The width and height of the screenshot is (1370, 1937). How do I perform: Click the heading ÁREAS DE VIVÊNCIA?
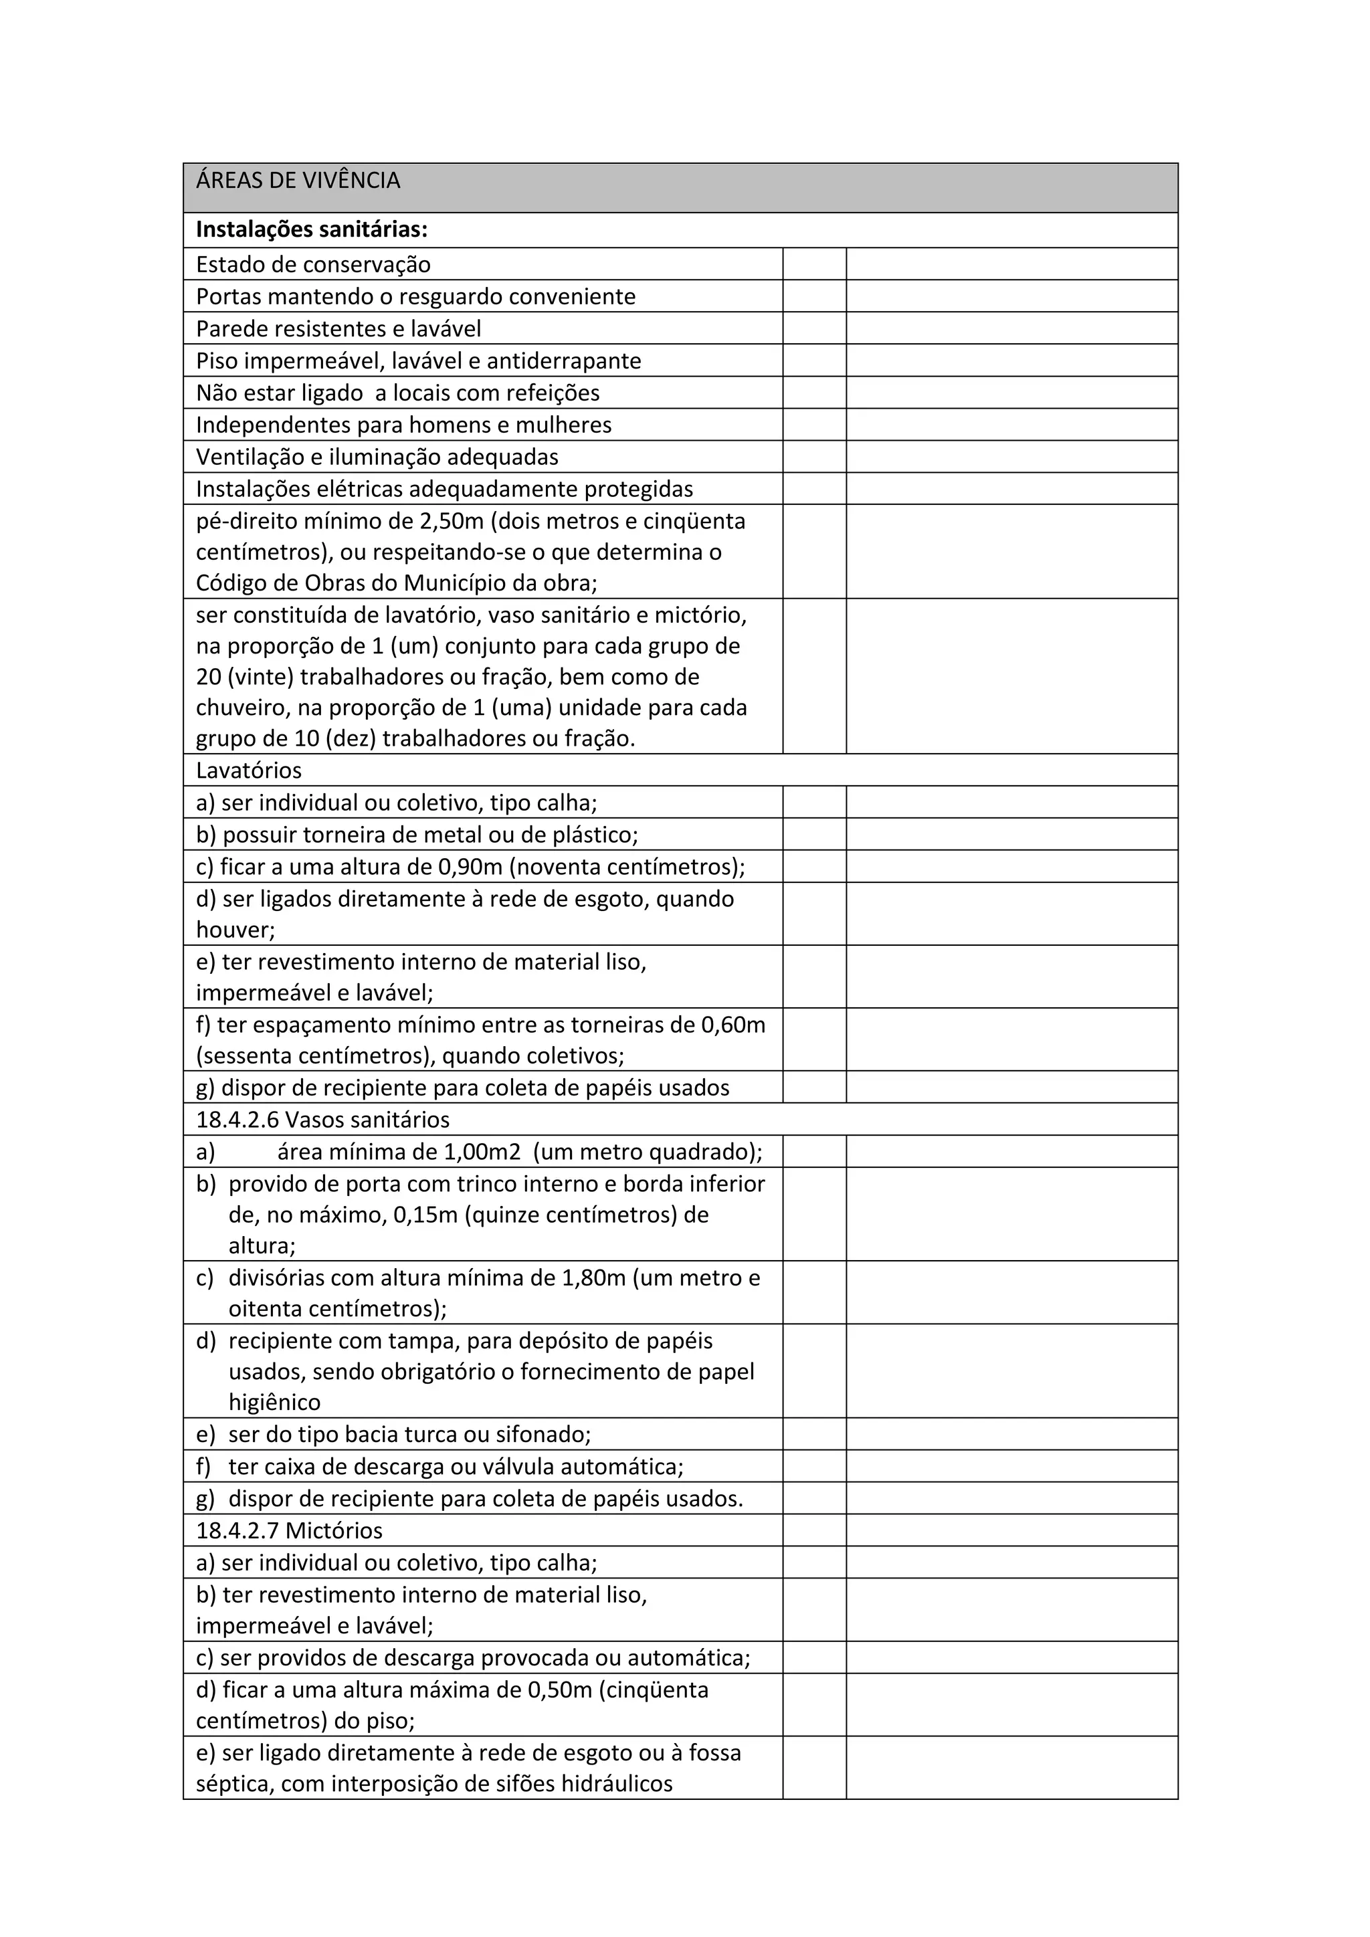pos(298,181)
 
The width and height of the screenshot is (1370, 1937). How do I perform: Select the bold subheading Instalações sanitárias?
pos(311,229)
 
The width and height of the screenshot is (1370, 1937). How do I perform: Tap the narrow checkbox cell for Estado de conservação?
pos(814,264)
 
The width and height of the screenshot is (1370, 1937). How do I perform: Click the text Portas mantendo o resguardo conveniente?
pos(415,297)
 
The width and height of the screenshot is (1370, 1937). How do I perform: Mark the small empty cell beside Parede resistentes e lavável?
pos(814,328)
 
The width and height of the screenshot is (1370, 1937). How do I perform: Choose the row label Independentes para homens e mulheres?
pos(403,425)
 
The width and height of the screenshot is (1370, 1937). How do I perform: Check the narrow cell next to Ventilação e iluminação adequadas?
pos(814,457)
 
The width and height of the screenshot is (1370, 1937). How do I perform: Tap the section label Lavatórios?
pos(248,771)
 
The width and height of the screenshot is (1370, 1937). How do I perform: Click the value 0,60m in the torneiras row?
pos(733,1025)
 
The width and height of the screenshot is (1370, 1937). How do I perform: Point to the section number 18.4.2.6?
pos(238,1120)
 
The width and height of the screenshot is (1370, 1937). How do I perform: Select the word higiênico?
pos(274,1403)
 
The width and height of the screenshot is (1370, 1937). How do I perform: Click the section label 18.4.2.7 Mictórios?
pos(288,1531)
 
